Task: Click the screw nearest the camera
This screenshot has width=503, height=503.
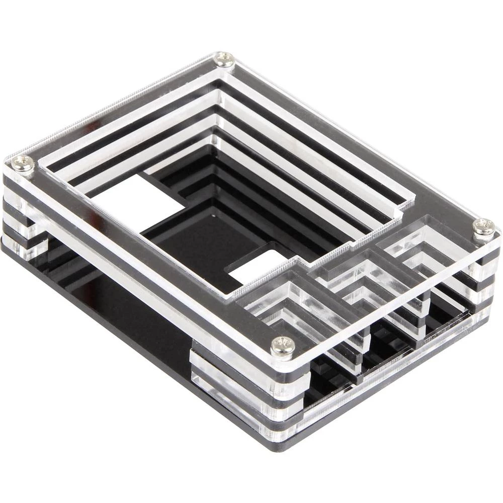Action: [283, 346]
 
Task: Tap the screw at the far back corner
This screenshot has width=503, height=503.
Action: [225, 59]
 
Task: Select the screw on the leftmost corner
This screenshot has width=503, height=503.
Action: [23, 163]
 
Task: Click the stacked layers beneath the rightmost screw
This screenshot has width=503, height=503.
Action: [483, 282]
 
